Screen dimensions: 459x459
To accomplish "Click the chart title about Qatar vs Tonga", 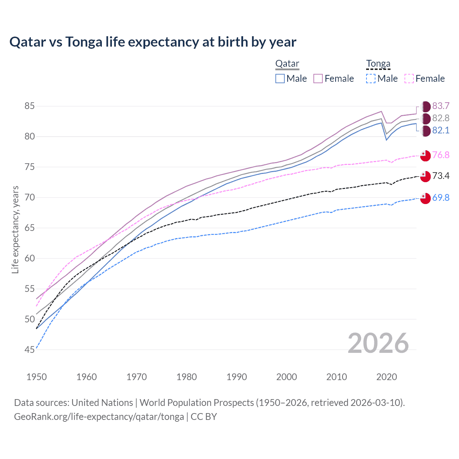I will tap(153, 42).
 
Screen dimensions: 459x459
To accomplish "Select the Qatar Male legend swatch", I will tap(280, 79).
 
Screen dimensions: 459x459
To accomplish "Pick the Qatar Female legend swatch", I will tap(318, 79).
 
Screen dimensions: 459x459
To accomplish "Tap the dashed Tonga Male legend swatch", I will tap(371, 79).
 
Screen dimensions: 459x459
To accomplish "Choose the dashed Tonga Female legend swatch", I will tap(409, 79).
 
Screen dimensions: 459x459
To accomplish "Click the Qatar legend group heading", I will tap(287, 64).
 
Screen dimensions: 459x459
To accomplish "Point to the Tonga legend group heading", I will tap(378, 64).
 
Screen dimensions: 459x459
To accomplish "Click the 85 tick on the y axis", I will tap(29, 106).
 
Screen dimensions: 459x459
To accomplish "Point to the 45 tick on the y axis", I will tap(29, 350).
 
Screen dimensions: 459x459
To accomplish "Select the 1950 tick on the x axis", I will tap(37, 377).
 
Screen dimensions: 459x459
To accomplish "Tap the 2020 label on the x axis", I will tap(387, 377).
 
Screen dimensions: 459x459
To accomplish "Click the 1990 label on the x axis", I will tap(237, 377).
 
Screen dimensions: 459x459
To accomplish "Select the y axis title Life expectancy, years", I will tap(15, 229).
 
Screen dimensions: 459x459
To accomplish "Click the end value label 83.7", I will tap(441, 106).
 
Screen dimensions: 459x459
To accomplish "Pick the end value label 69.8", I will tap(441, 198).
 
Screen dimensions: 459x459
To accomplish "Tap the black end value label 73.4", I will tap(441, 176).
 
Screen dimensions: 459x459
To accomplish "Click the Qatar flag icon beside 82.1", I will tap(425, 131).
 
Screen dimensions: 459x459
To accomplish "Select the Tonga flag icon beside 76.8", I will tap(425, 156).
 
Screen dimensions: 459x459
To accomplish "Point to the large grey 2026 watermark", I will tap(378, 343).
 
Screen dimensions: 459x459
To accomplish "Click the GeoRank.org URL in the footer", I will tap(99, 417).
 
